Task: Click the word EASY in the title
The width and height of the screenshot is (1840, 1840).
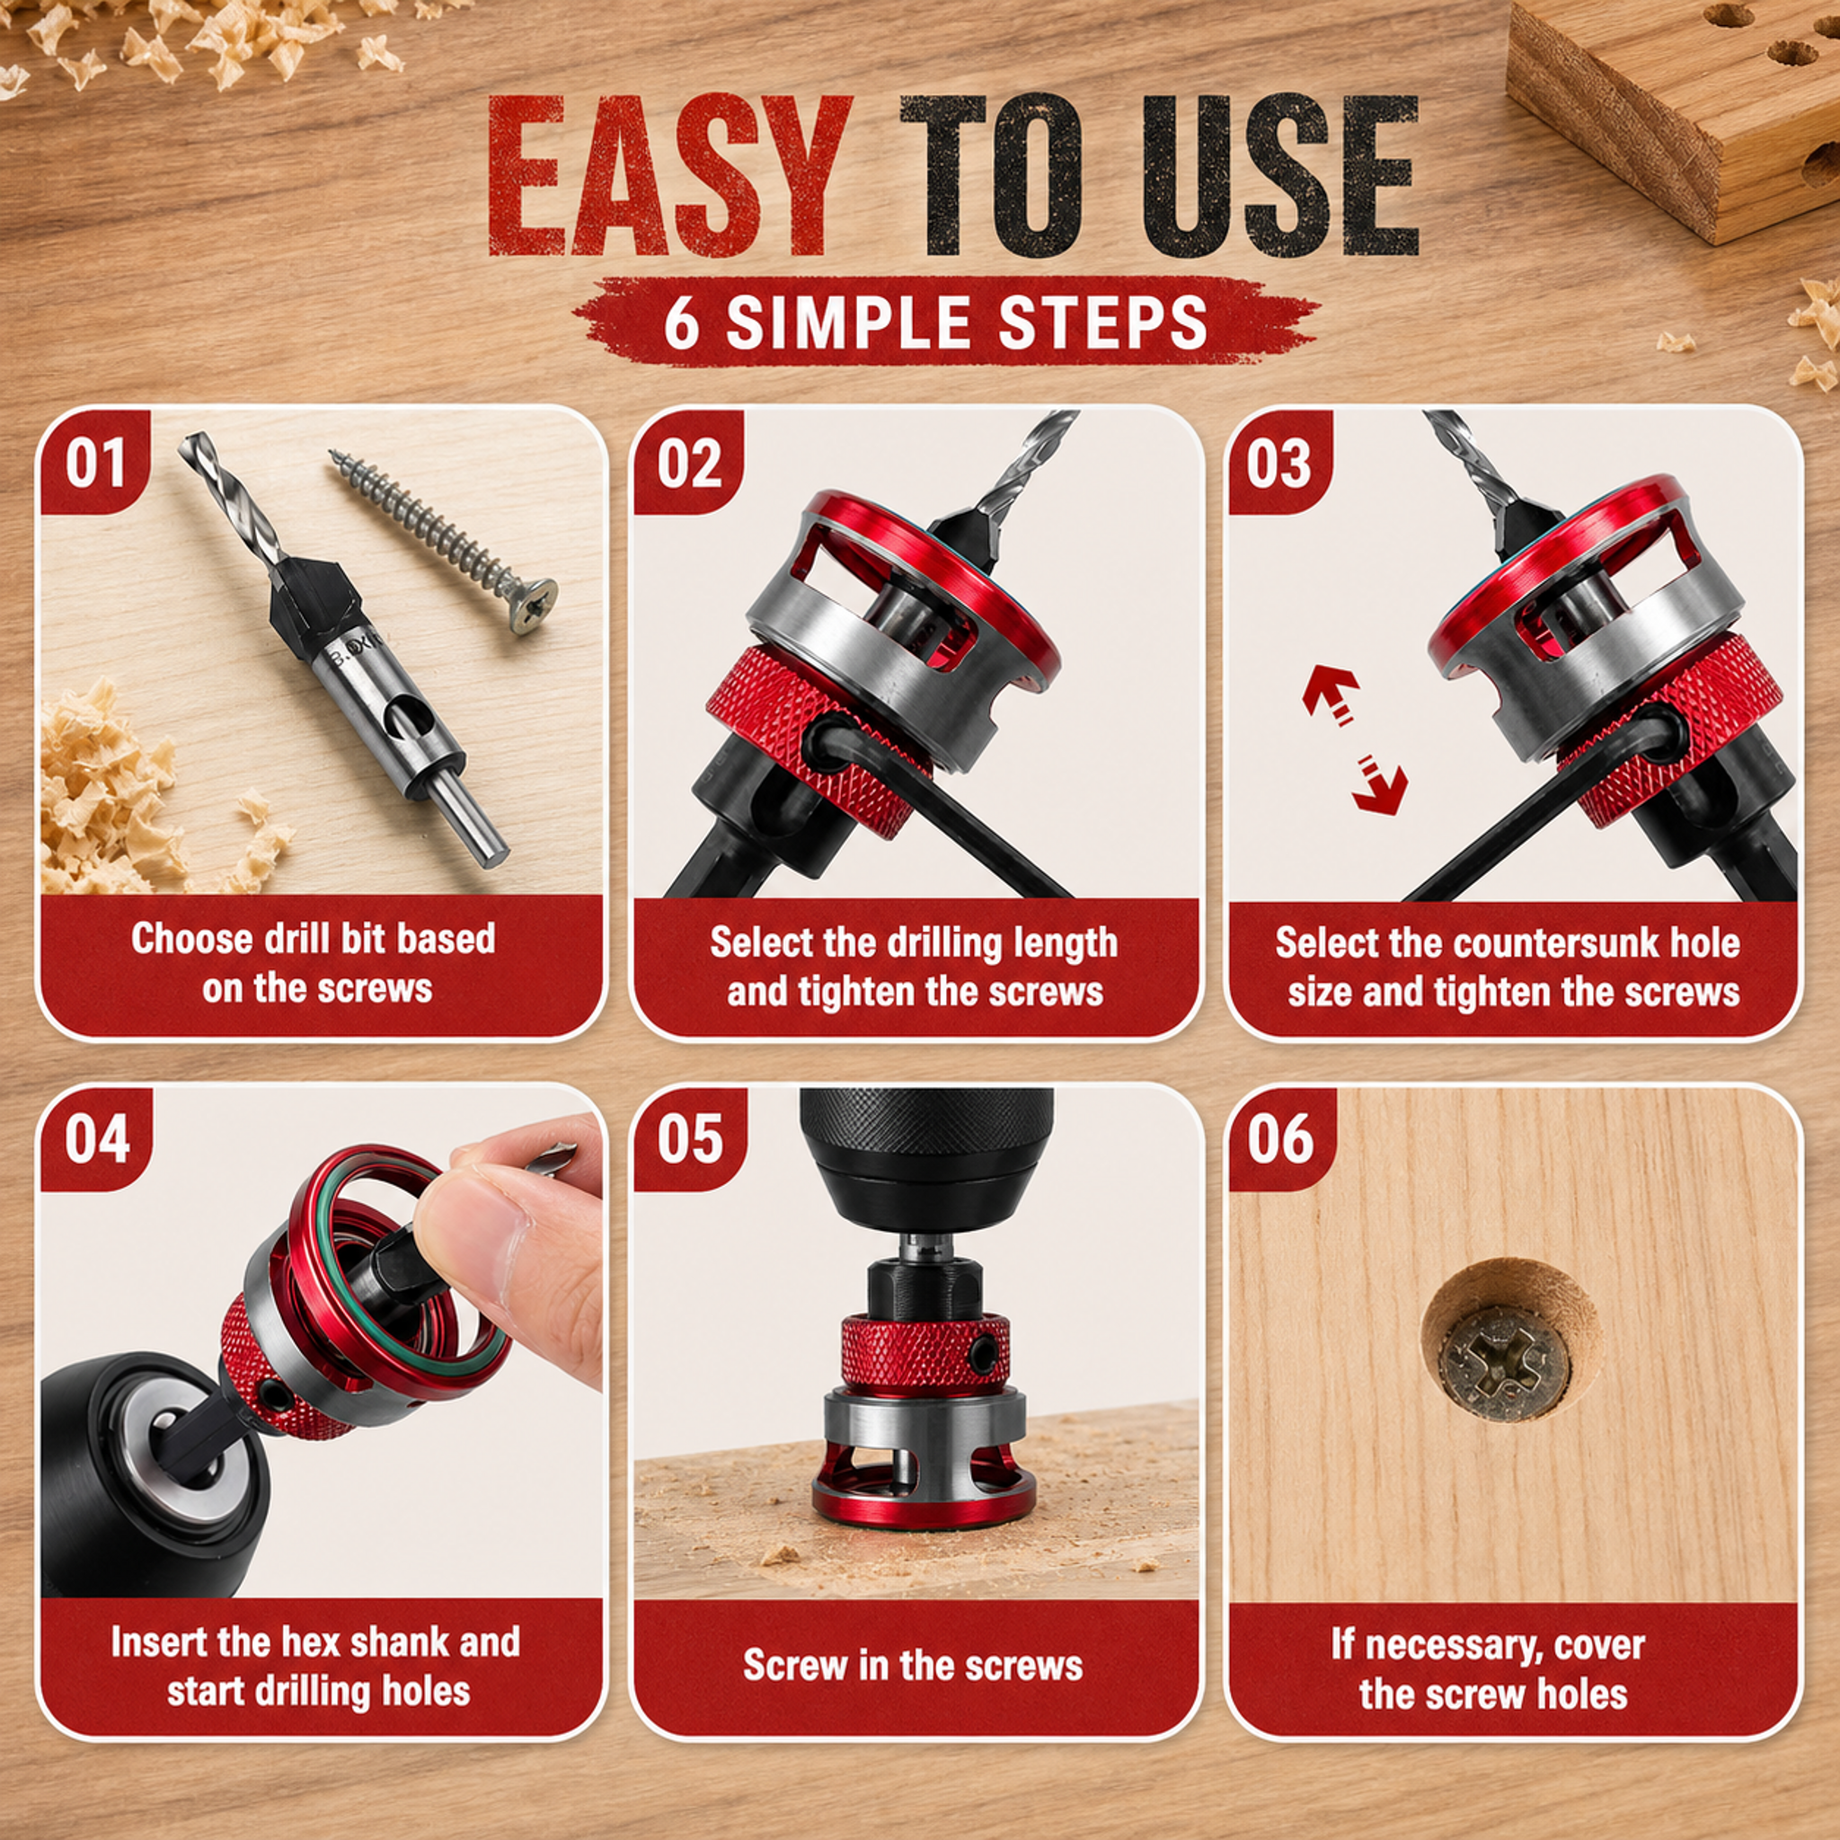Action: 670,176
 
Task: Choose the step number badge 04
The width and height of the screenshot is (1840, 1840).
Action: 96,1139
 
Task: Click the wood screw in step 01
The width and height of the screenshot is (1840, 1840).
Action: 442,541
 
